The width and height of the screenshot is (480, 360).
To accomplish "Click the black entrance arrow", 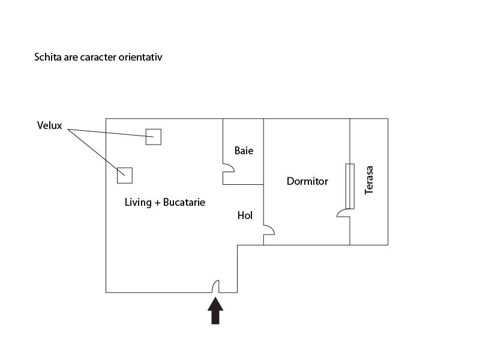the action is [x=215, y=310].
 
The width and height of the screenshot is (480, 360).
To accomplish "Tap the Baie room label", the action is [x=244, y=151].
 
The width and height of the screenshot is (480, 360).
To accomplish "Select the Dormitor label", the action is [x=307, y=181].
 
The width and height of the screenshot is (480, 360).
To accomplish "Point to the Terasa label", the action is [x=369, y=181].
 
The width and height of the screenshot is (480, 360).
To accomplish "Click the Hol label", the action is [x=245, y=215].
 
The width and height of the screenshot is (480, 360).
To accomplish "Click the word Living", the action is [x=138, y=203].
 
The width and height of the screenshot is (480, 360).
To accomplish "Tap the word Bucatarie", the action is [x=184, y=202].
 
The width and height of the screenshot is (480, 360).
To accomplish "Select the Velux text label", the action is [x=50, y=125].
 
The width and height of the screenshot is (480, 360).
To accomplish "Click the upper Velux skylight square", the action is [x=154, y=137].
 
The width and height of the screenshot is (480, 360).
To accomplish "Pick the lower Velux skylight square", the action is [x=125, y=175].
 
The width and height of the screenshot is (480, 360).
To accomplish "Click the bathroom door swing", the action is [x=229, y=168].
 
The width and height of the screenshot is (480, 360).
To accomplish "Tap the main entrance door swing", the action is [x=215, y=286].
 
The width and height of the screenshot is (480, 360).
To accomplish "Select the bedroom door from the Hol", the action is [x=269, y=230].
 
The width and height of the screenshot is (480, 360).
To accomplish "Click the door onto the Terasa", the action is [x=343, y=213].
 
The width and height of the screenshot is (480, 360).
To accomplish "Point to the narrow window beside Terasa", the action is [x=350, y=187].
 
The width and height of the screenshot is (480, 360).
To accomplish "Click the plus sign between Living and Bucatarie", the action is [x=157, y=203].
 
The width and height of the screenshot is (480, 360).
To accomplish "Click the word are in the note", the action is [x=71, y=58].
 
